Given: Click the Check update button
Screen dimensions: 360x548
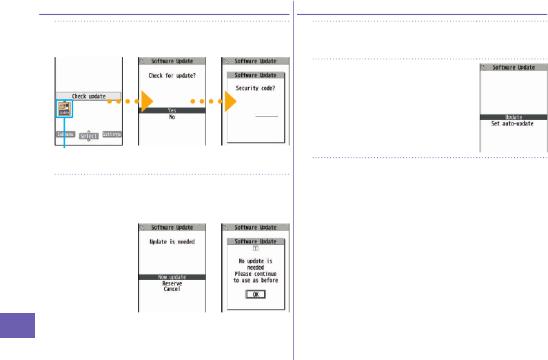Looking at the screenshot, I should [x=88, y=97].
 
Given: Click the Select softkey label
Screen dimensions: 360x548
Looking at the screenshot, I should [x=88, y=136].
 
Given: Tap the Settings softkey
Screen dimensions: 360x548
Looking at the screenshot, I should [x=112, y=134].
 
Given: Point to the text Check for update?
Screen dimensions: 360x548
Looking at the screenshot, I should [x=172, y=76].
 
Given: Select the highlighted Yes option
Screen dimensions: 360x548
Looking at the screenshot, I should [x=172, y=110].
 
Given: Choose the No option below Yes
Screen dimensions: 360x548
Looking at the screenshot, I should [x=172, y=117].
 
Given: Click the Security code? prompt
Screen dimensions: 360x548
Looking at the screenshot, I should [x=256, y=88].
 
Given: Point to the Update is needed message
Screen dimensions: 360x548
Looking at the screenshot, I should [x=172, y=242].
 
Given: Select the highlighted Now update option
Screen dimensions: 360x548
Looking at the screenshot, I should [x=172, y=277].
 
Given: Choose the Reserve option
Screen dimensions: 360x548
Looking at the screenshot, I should [x=172, y=283].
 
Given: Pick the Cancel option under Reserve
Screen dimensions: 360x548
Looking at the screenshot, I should [x=172, y=290].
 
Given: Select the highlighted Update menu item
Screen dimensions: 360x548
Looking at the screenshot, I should [x=512, y=117].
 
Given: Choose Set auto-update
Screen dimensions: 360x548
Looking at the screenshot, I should [x=512, y=124].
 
